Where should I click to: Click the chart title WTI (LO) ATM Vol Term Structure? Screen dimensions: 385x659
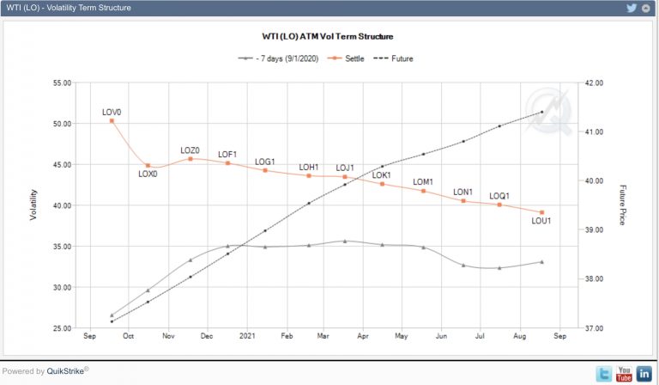click(328, 37)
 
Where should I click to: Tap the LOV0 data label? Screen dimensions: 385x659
click(112, 112)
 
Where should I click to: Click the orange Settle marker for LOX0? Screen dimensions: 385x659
click(148, 165)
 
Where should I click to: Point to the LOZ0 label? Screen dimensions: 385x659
click(190, 150)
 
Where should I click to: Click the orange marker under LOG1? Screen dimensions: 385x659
click(265, 170)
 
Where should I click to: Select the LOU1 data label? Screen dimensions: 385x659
click(541, 222)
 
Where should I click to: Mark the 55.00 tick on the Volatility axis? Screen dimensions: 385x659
click(62, 83)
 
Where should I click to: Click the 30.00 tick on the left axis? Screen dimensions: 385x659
click(62, 287)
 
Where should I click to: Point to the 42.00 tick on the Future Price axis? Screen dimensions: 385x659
click(595, 83)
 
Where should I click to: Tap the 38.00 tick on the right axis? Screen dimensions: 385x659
click(595, 279)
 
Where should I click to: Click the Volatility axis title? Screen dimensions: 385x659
click(34, 205)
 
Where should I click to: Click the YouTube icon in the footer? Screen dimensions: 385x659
click(624, 374)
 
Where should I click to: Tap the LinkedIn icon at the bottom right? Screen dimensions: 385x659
click(644, 374)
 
